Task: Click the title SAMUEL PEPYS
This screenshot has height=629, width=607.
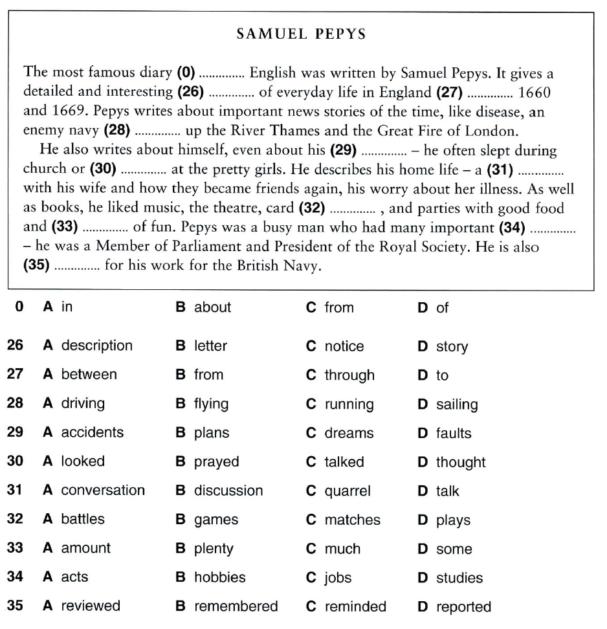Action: [x=301, y=34]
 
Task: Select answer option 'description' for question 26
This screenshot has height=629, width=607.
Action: [x=96, y=346]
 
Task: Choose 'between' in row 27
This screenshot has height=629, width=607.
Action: [x=89, y=375]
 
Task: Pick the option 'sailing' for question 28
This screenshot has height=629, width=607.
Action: [x=456, y=404]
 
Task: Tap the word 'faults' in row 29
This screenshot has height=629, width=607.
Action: [x=454, y=433]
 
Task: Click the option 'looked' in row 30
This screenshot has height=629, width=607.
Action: [x=83, y=461]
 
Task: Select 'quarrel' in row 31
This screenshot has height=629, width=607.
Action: [x=348, y=491]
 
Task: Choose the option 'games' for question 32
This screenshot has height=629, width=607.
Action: [x=216, y=520]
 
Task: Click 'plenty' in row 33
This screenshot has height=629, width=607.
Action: [x=214, y=549]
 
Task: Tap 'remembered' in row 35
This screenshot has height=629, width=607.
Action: [x=236, y=606]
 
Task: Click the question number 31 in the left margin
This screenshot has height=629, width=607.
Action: [x=15, y=491]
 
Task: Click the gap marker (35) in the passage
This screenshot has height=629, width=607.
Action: [x=36, y=266]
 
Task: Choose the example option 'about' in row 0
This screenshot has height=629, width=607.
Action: [x=212, y=307]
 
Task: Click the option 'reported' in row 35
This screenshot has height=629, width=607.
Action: [x=463, y=606]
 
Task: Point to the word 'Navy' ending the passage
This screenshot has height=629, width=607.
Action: [x=301, y=266]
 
